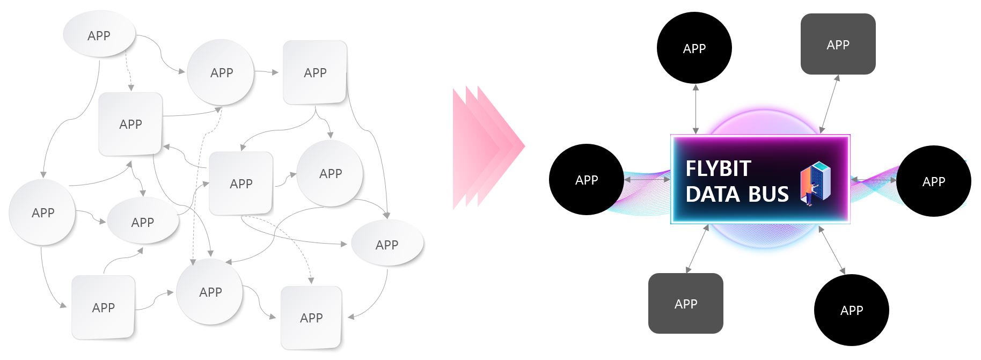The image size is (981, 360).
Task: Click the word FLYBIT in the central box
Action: (x=718, y=169)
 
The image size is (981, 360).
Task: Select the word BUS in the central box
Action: (x=768, y=194)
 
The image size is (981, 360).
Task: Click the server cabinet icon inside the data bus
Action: (x=815, y=183)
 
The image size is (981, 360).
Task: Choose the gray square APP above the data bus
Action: (x=838, y=45)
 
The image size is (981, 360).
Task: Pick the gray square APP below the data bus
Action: (x=685, y=304)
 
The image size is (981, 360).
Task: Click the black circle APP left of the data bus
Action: (x=586, y=180)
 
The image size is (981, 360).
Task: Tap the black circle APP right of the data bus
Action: (x=933, y=181)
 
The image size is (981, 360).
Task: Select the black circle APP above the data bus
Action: (x=694, y=48)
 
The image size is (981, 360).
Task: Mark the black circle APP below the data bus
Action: (x=851, y=310)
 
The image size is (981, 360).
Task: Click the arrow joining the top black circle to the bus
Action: (x=696, y=109)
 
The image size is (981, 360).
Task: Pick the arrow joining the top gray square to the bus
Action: (x=829, y=104)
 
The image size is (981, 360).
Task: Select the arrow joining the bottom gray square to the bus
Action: (x=698, y=249)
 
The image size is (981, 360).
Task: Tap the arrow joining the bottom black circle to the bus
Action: (x=832, y=250)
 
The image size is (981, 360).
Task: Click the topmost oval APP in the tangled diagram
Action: (x=99, y=35)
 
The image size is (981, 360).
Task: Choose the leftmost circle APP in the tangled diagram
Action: (x=42, y=212)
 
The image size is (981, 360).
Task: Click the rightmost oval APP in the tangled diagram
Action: (x=386, y=244)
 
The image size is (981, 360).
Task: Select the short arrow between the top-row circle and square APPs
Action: (x=266, y=71)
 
